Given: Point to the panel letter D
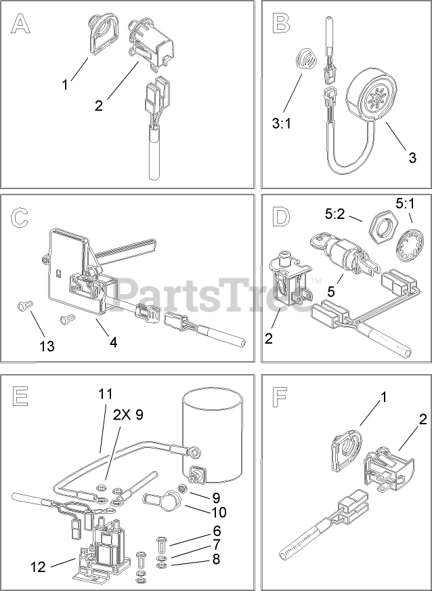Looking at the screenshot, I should [x=280, y=218].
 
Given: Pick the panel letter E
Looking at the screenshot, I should [x=20, y=395].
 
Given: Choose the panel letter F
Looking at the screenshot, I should [x=279, y=397].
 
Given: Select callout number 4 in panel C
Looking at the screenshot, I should [x=113, y=342].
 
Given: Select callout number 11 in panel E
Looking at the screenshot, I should [x=106, y=394].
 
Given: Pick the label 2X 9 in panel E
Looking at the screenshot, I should [x=127, y=415].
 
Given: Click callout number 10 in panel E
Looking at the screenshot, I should [x=218, y=512].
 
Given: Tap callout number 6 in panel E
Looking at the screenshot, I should [x=217, y=531].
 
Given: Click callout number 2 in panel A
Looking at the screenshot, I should [x=99, y=105].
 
